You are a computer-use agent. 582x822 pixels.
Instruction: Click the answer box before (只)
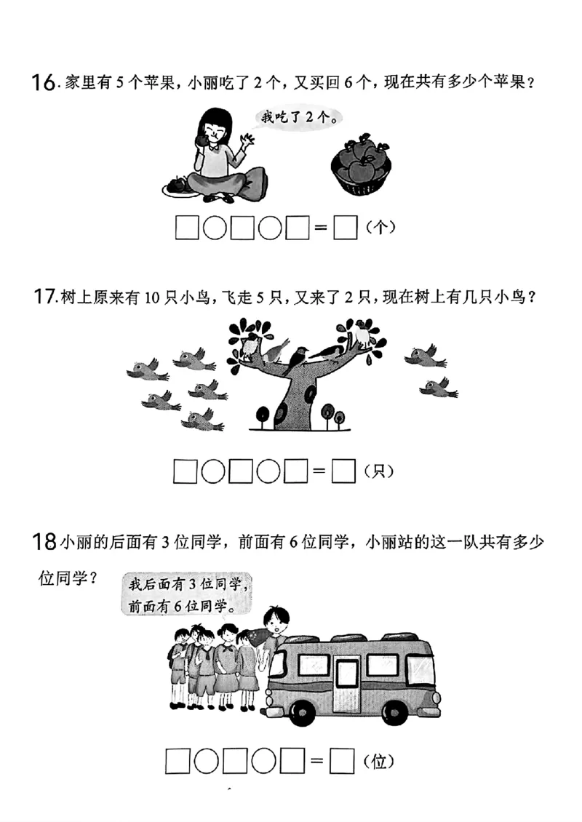[343, 472]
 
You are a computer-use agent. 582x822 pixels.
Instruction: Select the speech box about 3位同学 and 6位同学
[188, 595]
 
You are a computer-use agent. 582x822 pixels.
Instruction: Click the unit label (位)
[378, 762]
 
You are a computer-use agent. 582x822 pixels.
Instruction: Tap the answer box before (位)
[342, 762]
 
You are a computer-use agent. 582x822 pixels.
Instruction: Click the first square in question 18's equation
[178, 762]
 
